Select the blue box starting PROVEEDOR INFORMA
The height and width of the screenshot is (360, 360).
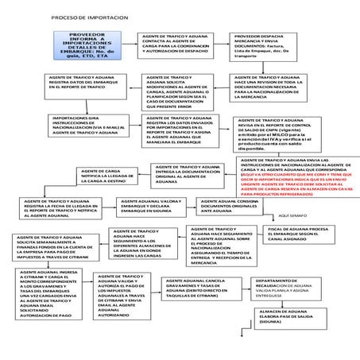[x=90, y=48]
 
